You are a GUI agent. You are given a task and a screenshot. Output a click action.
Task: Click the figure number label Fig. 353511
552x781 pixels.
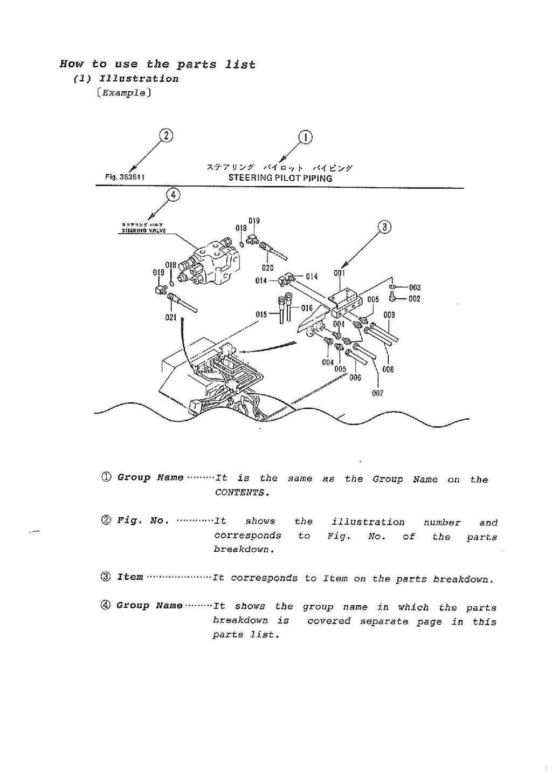125,177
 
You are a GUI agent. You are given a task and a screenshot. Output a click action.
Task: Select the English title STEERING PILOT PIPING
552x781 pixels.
280,177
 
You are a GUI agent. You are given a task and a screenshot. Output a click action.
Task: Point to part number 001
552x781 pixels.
339,273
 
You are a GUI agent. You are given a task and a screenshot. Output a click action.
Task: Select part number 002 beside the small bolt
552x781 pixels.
414,299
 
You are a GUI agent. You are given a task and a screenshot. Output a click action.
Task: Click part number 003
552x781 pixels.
414,287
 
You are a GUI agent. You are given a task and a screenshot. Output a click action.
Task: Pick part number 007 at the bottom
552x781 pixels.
377,393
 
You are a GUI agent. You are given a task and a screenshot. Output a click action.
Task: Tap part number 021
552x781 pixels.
171,318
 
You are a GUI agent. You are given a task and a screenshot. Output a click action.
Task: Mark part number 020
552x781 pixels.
267,268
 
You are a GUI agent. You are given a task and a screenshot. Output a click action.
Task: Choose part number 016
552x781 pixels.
306,308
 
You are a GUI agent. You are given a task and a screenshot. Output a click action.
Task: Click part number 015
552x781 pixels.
261,314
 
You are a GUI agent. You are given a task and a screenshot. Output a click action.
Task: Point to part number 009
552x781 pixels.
389,315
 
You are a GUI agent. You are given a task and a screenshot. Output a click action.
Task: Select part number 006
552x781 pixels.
355,378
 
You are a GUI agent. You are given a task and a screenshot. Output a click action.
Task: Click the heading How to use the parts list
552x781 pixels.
157,64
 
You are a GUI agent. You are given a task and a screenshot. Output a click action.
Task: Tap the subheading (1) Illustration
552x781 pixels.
126,79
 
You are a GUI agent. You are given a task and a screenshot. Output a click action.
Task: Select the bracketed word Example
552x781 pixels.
124,93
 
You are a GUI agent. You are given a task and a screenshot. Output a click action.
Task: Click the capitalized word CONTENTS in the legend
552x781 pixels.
241,492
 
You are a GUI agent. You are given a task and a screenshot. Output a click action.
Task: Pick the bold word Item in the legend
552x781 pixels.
130,577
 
